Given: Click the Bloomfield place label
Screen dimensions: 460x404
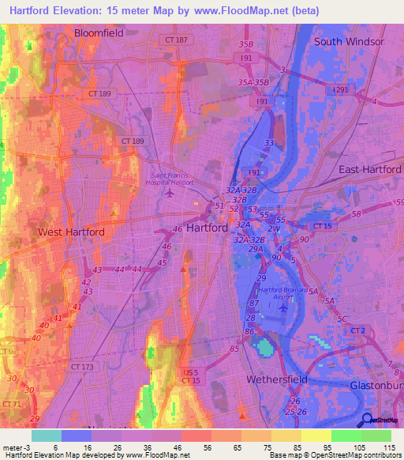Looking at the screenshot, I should click(99, 33).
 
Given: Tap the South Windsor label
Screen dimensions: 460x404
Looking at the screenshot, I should click(348, 41).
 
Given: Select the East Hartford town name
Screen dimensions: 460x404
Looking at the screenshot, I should click(370, 170).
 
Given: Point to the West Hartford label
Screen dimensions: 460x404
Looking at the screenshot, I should click(70, 232).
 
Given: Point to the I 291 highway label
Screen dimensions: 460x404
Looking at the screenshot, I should click(340, 90).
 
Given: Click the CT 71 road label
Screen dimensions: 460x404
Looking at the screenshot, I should click(10, 404).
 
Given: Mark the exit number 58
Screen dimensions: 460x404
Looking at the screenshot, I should click(357, 214).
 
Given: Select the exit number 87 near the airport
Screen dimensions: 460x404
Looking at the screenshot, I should click(254, 304).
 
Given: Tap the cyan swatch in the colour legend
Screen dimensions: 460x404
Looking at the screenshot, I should click(47, 435).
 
